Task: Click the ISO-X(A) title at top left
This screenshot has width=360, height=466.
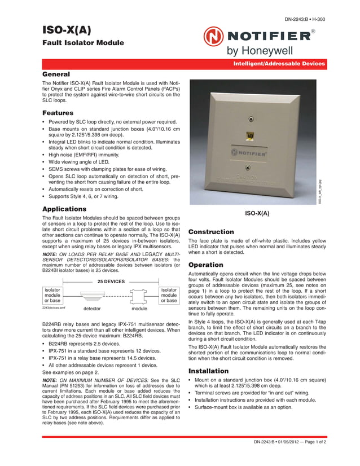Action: (x=67, y=30)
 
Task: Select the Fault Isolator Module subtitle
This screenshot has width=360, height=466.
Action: (x=84, y=43)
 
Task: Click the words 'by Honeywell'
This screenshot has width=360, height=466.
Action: (x=260, y=51)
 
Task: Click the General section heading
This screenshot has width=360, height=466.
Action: (x=56, y=74)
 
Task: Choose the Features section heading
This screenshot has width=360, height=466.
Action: (x=58, y=113)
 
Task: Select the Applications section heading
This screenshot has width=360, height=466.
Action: (x=64, y=209)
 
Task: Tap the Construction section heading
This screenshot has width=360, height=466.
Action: (x=210, y=232)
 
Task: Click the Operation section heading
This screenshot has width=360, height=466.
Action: (x=207, y=265)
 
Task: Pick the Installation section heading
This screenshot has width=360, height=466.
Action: (x=208, y=371)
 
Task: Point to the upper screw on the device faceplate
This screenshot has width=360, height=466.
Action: (x=250, y=119)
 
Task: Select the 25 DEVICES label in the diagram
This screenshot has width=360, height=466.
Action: (x=111, y=281)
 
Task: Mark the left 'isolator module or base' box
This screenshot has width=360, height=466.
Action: (x=52, y=295)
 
